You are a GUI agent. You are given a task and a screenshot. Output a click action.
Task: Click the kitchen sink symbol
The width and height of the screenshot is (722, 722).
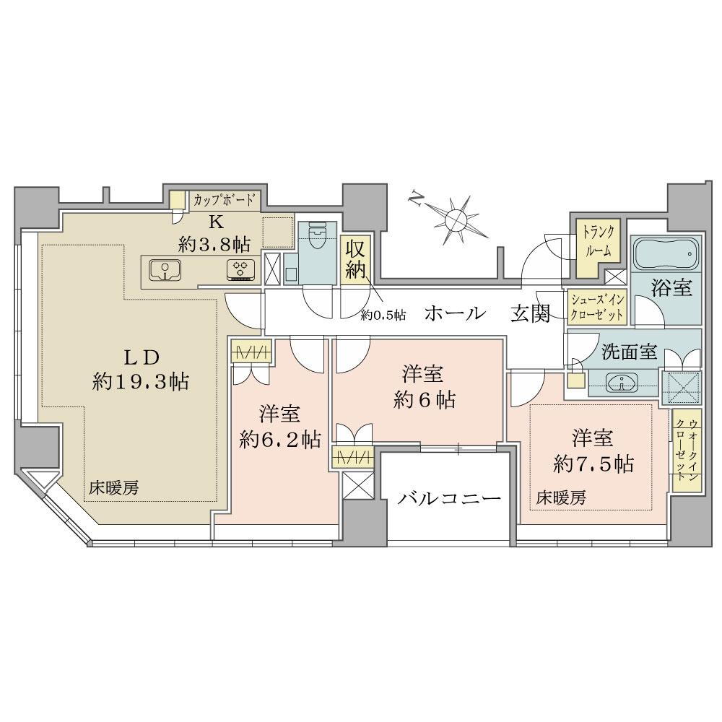(165, 269)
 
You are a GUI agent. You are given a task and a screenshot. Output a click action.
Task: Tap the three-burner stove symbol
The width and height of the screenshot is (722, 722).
(241, 270)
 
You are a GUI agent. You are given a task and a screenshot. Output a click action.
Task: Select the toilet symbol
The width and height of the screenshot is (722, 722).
(316, 235)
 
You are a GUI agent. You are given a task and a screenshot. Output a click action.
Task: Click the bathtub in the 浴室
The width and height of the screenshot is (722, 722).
(666, 253)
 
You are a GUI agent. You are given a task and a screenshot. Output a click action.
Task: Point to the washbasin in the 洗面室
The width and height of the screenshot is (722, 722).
(622, 382)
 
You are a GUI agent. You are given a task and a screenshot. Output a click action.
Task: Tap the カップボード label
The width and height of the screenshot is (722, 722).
(224, 200)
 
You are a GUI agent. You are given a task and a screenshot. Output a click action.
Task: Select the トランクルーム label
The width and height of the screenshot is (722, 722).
(598, 241)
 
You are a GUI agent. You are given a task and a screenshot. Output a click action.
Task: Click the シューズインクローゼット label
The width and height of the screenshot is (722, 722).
(597, 307)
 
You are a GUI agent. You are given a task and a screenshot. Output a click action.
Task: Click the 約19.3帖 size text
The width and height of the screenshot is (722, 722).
(141, 382)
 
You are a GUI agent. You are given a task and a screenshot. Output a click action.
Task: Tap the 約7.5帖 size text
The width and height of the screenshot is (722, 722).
(593, 464)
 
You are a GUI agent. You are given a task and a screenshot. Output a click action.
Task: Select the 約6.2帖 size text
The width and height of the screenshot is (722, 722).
(280, 440)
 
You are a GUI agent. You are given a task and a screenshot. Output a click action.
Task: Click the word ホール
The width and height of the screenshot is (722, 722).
(455, 313)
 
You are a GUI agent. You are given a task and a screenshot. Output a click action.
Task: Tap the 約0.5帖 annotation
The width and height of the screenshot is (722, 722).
(383, 316)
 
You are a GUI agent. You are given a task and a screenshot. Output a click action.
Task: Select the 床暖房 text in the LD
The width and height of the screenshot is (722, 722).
(114, 488)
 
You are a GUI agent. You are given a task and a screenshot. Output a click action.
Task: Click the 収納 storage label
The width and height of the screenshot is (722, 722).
(355, 259)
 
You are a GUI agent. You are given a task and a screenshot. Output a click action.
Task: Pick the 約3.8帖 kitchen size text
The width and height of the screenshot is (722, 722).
(214, 244)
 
